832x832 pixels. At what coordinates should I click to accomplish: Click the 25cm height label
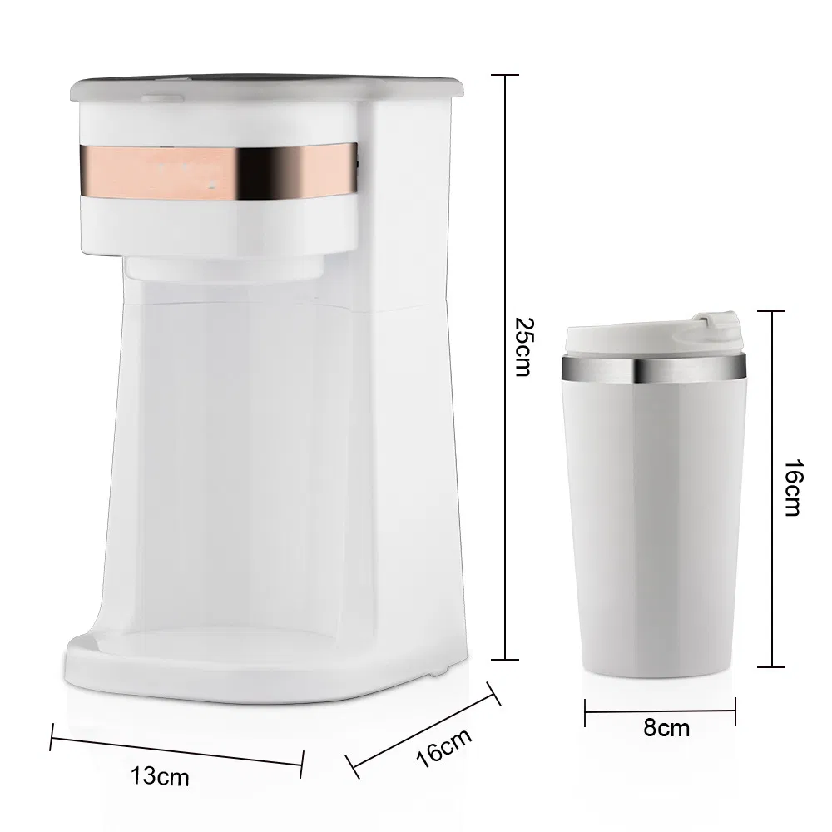522,346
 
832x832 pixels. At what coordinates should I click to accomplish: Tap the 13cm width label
160,777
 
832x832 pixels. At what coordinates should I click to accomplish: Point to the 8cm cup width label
666,728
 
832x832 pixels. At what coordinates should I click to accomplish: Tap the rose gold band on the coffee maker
216,171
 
